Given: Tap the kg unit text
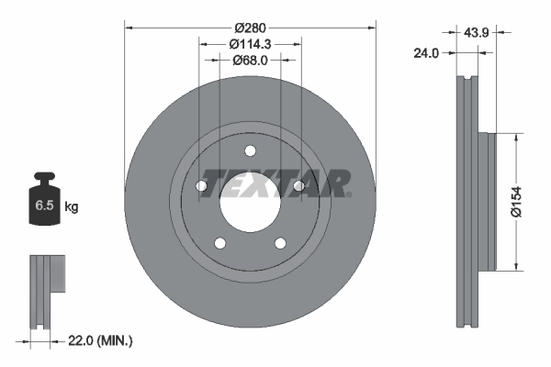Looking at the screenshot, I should point(72,207).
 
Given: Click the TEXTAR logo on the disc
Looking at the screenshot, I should point(275,183).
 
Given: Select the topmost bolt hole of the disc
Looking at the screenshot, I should point(250,152).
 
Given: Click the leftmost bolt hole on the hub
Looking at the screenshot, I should point(202,187).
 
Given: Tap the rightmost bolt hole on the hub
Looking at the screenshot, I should point(298,187).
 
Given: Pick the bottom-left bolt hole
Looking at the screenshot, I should point(220,243).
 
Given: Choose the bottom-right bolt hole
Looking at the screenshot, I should point(279,243).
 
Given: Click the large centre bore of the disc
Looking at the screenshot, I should point(250,202).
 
